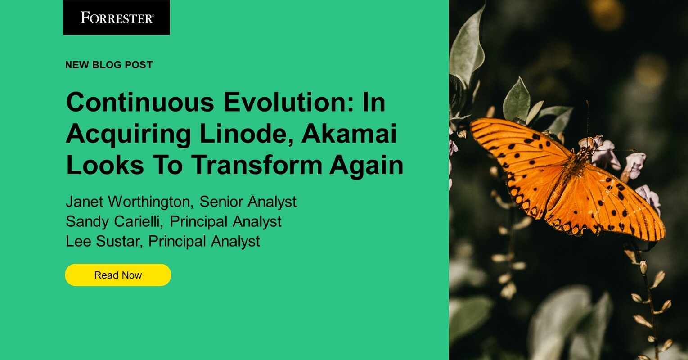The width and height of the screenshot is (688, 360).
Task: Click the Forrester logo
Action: pos(117,18)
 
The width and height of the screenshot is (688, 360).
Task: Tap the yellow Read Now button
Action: pos(118,275)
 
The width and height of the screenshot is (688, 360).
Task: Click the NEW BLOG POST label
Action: pos(109,65)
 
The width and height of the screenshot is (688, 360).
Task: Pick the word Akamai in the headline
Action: pos(349,134)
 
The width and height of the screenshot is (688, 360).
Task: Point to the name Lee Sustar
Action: pos(103,241)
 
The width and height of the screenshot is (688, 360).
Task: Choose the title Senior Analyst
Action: pos(248,202)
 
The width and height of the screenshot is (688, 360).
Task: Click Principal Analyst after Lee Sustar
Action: pos(204,241)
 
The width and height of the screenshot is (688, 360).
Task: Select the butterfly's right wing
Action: pos(607,202)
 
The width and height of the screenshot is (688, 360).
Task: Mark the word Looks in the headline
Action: pos(105,165)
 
